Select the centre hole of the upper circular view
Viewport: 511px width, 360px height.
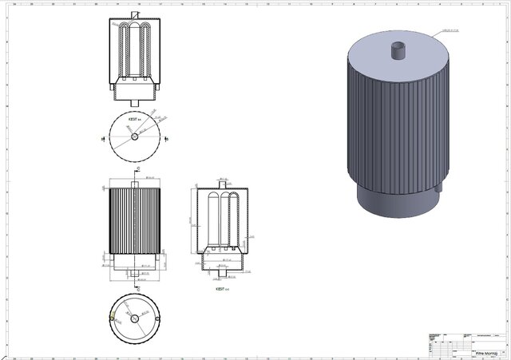134,136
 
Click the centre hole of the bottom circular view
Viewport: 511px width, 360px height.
134,318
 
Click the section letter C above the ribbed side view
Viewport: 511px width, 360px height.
138,169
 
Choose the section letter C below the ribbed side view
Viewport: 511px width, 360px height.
138,284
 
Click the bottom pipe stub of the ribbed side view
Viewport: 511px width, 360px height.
134,272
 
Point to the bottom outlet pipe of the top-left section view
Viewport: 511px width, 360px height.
134,101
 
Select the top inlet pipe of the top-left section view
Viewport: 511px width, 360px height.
134,14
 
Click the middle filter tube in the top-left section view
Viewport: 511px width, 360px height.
134,52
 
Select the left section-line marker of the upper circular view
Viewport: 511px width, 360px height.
102,138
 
